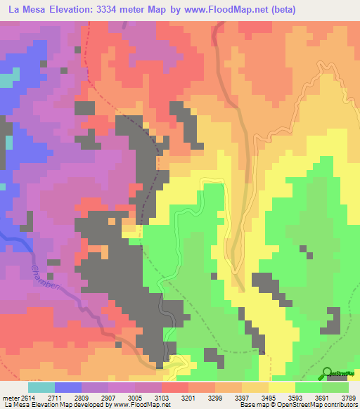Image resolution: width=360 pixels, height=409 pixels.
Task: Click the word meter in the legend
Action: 10,397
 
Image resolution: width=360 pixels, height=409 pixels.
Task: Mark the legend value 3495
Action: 269,397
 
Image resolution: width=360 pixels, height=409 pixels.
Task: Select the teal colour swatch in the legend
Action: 41,387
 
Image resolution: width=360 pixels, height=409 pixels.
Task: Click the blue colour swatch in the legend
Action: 68,387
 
